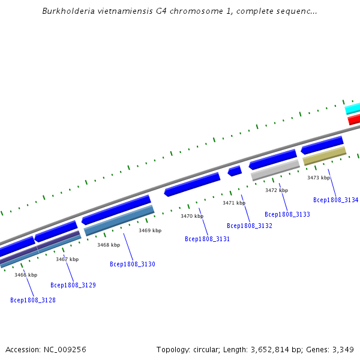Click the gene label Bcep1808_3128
click(33, 300)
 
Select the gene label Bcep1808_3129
click(73, 286)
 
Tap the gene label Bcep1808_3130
click(133, 264)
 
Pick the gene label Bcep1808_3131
click(208, 239)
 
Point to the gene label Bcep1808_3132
click(250, 226)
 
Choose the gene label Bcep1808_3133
click(287, 214)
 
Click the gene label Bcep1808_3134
click(336, 200)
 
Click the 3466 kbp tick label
click(26, 275)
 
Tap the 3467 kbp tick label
click(67, 259)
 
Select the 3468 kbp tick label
click(109, 245)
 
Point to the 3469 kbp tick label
click(150, 230)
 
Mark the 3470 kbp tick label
click(192, 216)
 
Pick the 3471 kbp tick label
click(234, 203)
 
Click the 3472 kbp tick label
click(277, 190)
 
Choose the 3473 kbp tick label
click(319, 178)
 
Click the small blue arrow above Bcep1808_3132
click(235, 171)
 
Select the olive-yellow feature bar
click(325, 156)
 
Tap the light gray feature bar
click(275, 170)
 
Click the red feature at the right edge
click(354, 119)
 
